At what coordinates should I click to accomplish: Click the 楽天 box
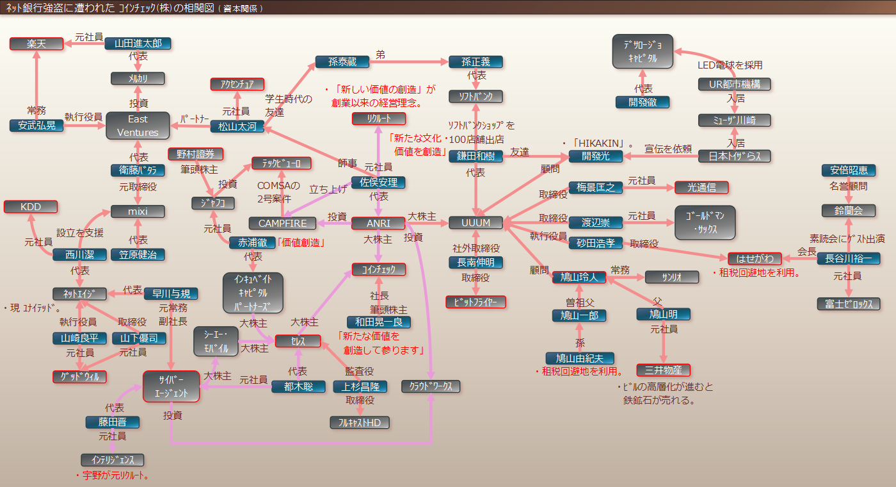pyautogui.click(x=36, y=44)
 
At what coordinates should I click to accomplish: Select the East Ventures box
pyautogui.click(x=138, y=126)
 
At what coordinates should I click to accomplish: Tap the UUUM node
pyautogui.click(x=476, y=223)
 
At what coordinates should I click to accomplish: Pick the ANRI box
pyautogui.click(x=378, y=224)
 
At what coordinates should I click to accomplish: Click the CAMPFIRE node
pyautogui.click(x=282, y=224)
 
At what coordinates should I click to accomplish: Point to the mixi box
pyautogui.click(x=138, y=211)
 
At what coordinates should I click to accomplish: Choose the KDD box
pyautogui.click(x=31, y=207)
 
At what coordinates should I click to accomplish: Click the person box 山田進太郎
pyautogui.click(x=138, y=44)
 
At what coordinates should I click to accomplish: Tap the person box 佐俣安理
pyautogui.click(x=378, y=183)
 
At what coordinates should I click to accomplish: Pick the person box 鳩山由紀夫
pyautogui.click(x=579, y=359)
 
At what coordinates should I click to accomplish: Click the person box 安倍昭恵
pyautogui.click(x=849, y=170)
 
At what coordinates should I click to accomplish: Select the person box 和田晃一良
pyautogui.click(x=378, y=322)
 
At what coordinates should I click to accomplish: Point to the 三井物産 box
pyautogui.click(x=664, y=370)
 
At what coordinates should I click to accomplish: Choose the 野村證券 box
pyautogui.click(x=195, y=154)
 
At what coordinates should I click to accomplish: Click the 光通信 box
pyautogui.click(x=701, y=187)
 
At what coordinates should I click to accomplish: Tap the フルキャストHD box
pyautogui.click(x=360, y=422)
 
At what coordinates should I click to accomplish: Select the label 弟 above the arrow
pyautogui.click(x=380, y=55)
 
